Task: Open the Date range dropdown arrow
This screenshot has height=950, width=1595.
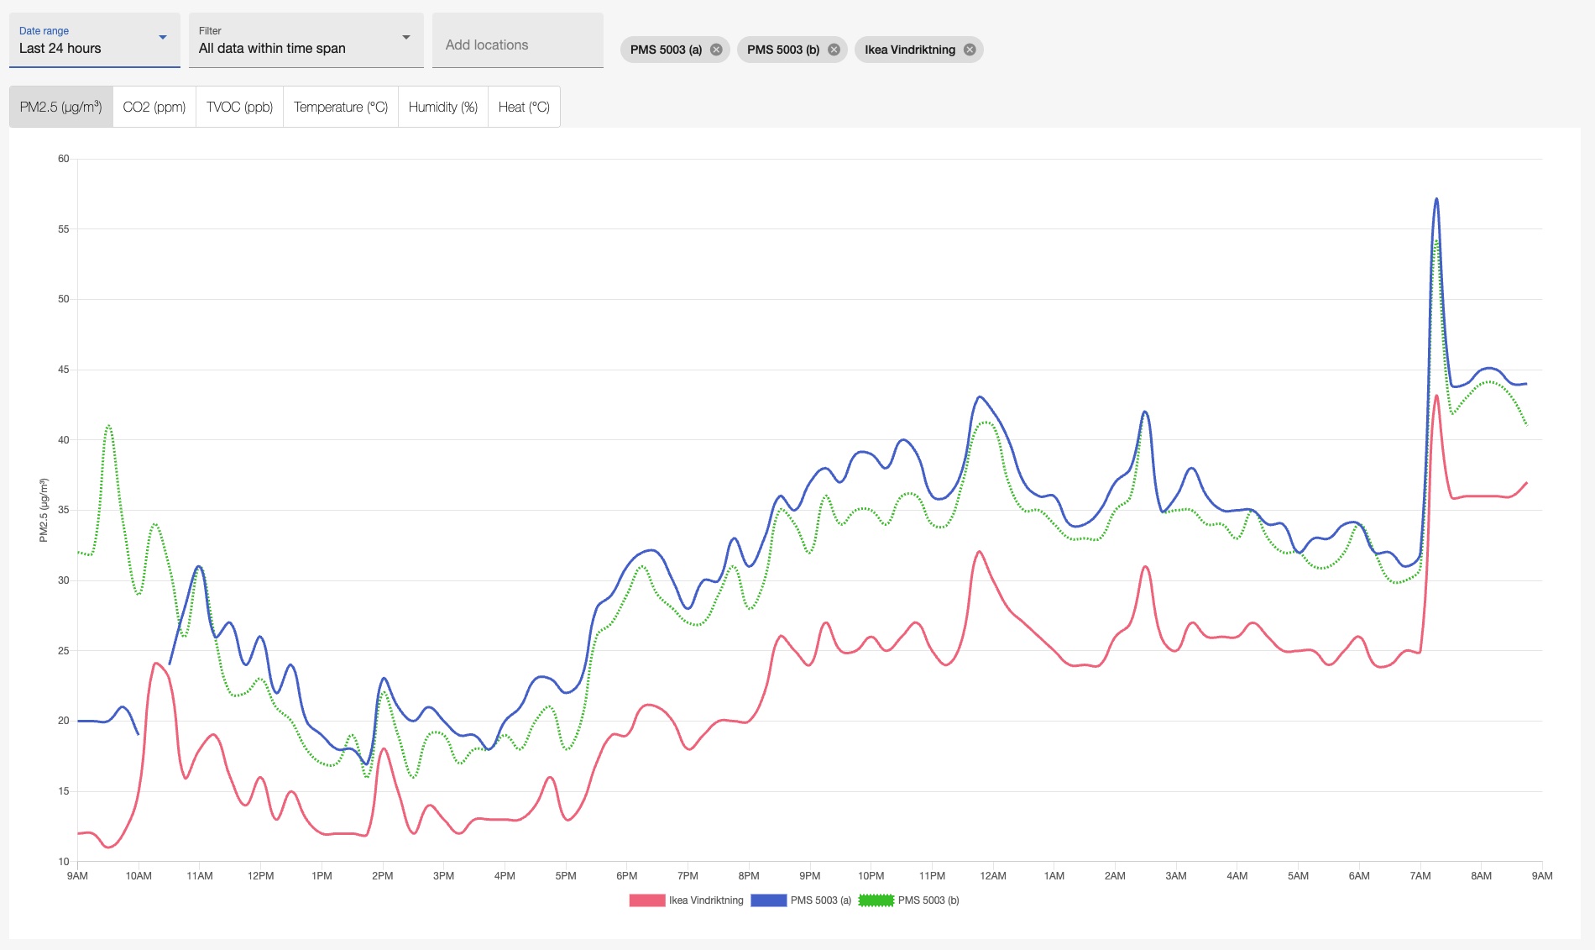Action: pyautogui.click(x=163, y=38)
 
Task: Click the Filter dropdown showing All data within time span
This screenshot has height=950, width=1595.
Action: pyautogui.click(x=306, y=40)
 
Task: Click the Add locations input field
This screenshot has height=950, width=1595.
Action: pyautogui.click(x=517, y=45)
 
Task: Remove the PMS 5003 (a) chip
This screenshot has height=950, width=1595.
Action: pyautogui.click(x=716, y=50)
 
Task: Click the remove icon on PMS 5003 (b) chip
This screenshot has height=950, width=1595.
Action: pyautogui.click(x=834, y=50)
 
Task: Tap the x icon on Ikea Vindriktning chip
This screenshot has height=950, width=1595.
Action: pyautogui.click(x=970, y=50)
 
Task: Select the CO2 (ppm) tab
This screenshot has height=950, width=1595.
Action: pyautogui.click(x=154, y=108)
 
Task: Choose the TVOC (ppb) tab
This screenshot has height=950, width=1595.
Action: pyautogui.click(x=239, y=108)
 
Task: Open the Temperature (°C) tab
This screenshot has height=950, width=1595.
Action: pyautogui.click(x=341, y=108)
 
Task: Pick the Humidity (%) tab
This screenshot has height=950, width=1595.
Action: pyautogui.click(x=443, y=108)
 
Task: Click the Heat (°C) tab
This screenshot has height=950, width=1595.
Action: pyautogui.click(x=524, y=108)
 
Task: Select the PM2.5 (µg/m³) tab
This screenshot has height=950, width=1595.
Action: pyautogui.click(x=60, y=108)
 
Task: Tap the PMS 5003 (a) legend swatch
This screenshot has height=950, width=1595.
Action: pyautogui.click(x=768, y=900)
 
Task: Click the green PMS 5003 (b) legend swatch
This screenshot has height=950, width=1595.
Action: pyautogui.click(x=876, y=900)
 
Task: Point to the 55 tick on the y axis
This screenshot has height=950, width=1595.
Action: pyautogui.click(x=64, y=229)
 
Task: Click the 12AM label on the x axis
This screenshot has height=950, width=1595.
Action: pyautogui.click(x=993, y=876)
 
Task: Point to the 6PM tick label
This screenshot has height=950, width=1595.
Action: pyautogui.click(x=626, y=876)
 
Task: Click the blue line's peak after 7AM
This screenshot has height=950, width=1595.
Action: pyautogui.click(x=1436, y=199)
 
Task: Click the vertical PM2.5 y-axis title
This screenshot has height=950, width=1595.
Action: pyautogui.click(x=44, y=510)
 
